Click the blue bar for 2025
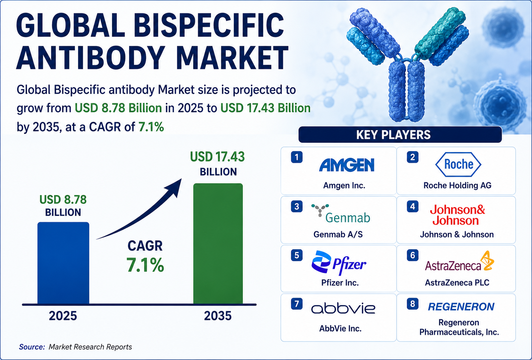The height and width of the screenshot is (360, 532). (63, 263)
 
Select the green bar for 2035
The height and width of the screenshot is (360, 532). (218, 243)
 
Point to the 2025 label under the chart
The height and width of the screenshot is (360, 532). (63, 316)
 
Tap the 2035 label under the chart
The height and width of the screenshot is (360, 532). (218, 316)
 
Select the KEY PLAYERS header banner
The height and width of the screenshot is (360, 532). (400, 134)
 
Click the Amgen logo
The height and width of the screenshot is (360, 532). (347, 165)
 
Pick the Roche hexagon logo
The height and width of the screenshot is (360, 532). (458, 164)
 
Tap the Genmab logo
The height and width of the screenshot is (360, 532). (341, 214)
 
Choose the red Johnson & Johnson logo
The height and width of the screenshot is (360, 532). (457, 215)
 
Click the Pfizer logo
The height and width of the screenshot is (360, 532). (339, 263)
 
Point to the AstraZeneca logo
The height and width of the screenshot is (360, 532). (459, 261)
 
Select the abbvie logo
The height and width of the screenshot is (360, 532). (343, 308)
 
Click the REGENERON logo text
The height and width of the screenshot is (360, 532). (461, 307)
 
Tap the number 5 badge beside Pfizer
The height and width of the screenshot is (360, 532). (297, 255)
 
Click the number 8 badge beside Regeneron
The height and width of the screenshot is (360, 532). (413, 304)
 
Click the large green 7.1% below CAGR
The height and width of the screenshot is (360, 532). (145, 265)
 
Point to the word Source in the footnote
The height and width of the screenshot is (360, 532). (32, 347)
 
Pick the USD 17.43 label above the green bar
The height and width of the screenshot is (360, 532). (217, 157)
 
